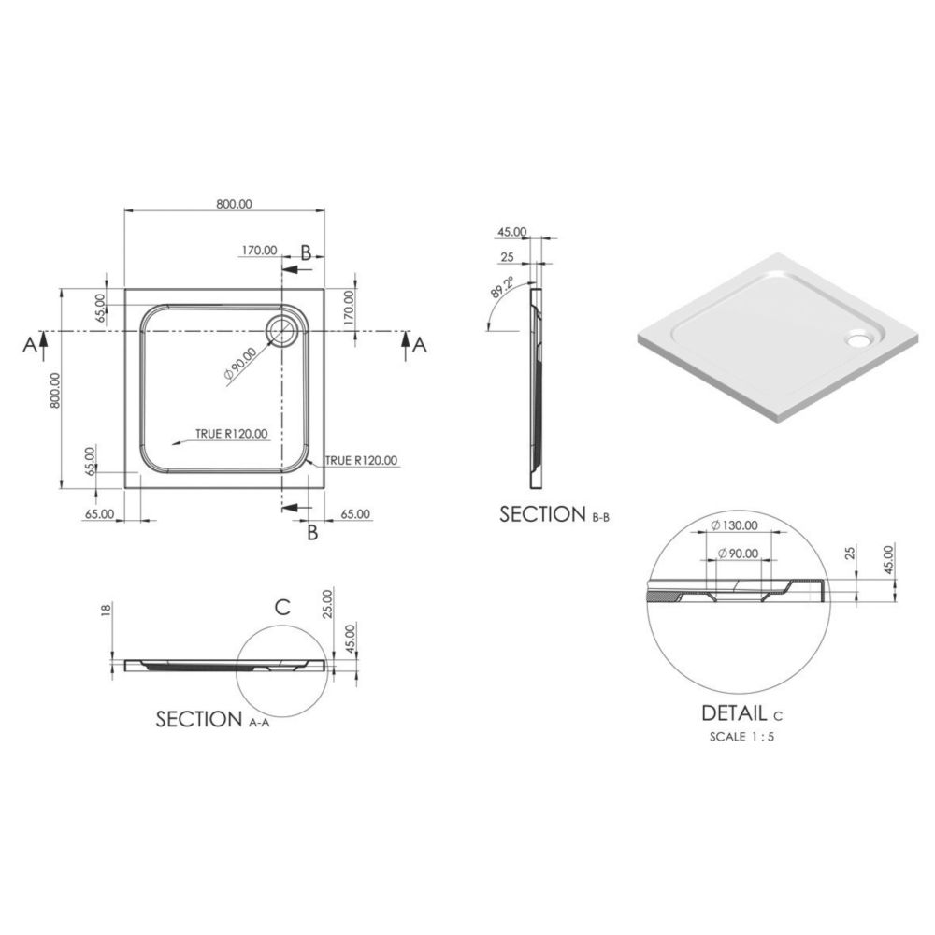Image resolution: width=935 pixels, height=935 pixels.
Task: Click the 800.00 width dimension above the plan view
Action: pyautogui.click(x=234, y=204)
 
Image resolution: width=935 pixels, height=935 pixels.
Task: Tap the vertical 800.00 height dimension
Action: pyautogui.click(x=55, y=391)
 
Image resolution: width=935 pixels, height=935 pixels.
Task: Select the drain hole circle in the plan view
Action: pyautogui.click(x=280, y=331)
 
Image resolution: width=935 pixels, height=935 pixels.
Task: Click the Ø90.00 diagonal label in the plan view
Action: pyautogui.click(x=239, y=364)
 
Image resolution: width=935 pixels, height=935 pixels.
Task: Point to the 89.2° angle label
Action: pyautogui.click(x=502, y=287)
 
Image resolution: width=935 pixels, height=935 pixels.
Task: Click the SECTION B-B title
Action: pyautogui.click(x=554, y=514)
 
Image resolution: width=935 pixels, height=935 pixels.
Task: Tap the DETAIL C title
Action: pyautogui.click(x=741, y=713)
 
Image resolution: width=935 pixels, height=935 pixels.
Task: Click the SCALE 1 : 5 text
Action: pyautogui.click(x=741, y=737)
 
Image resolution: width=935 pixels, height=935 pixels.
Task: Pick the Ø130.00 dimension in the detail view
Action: pyautogui.click(x=735, y=525)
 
